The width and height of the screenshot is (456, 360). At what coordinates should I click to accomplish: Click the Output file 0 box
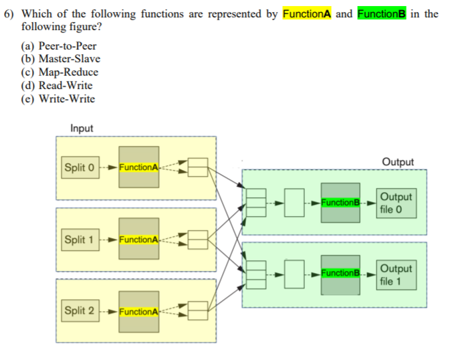[x=396, y=202]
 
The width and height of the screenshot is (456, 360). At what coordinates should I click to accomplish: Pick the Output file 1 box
[x=396, y=275]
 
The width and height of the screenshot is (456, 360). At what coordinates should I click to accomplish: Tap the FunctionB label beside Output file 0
[x=340, y=202]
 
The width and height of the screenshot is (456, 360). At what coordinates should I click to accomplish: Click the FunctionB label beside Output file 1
[x=340, y=274]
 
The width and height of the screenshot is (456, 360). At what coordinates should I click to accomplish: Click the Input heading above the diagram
[x=82, y=128]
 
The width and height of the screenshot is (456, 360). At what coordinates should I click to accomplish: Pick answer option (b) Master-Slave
[x=61, y=59]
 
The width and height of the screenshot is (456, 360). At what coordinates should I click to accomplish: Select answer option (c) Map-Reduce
[x=60, y=72]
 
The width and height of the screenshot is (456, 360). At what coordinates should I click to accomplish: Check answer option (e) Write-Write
[x=58, y=99]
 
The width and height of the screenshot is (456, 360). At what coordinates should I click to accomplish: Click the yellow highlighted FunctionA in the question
[x=308, y=14]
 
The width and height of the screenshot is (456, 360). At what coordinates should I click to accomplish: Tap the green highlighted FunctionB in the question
[x=382, y=14]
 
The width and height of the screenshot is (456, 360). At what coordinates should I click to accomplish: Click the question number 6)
[x=11, y=14]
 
